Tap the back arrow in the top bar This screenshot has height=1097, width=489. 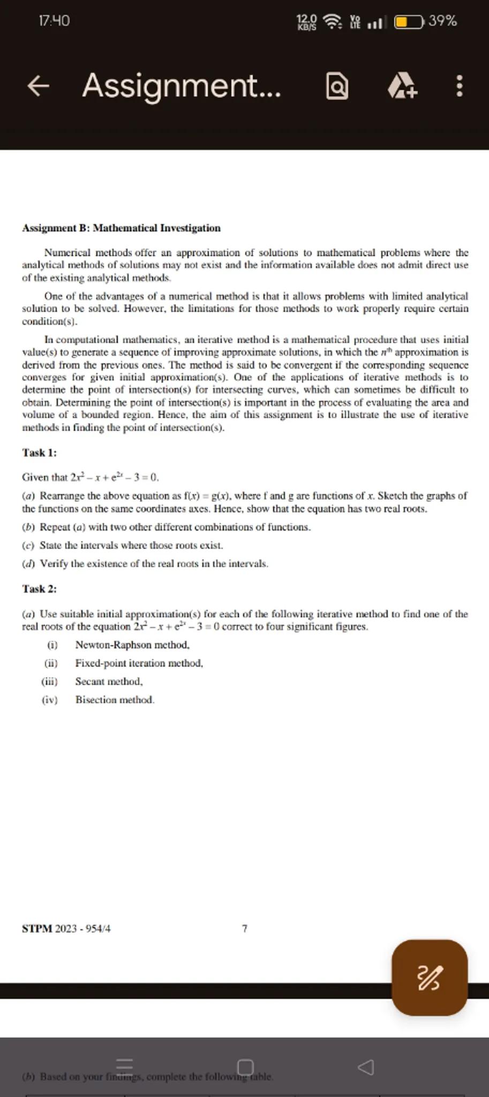click(x=38, y=86)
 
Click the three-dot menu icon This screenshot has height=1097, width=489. click(x=459, y=86)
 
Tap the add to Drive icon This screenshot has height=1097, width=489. click(x=402, y=86)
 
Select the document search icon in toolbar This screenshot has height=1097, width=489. click(x=337, y=86)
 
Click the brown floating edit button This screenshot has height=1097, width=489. click(x=430, y=978)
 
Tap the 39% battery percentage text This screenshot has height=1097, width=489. click(x=443, y=21)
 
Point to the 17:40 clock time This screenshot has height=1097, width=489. click(x=54, y=21)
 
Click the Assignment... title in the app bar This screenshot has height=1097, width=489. click(x=181, y=86)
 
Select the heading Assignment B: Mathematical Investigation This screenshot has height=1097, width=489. click(x=121, y=228)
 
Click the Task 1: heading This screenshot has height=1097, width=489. click(x=39, y=453)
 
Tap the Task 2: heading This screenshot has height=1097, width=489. click(x=39, y=589)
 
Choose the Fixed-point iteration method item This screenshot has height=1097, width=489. click(x=139, y=663)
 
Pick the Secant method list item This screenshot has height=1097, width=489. click(x=109, y=682)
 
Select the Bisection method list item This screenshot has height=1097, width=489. click(x=115, y=700)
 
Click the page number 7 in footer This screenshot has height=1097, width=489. click(x=245, y=929)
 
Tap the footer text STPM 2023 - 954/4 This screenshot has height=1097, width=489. click(x=66, y=929)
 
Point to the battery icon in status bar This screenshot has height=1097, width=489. click(x=410, y=22)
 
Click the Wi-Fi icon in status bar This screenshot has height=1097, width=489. click(x=333, y=22)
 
